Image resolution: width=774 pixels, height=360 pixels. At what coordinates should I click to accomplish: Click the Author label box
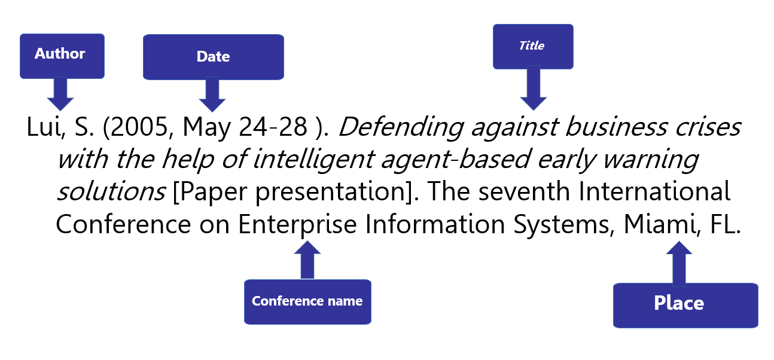point(62,56)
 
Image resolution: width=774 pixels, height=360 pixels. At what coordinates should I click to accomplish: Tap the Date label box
point(214,57)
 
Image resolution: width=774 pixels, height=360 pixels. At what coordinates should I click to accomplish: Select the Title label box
point(533,46)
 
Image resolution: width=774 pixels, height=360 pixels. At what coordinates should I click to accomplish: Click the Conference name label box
point(307,301)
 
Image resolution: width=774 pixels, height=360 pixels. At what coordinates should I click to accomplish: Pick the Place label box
point(685,306)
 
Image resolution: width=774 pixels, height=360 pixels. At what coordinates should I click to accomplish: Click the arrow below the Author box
point(60,94)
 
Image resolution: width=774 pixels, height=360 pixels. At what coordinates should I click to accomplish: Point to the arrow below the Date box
point(212,94)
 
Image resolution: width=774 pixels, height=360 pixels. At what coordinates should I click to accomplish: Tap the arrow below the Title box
point(533,89)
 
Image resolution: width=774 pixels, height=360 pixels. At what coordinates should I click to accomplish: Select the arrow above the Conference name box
point(307,260)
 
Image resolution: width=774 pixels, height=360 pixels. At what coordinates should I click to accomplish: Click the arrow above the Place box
point(679,264)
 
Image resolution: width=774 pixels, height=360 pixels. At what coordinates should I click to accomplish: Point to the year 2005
point(140,127)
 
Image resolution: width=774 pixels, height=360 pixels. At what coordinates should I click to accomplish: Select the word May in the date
point(206,128)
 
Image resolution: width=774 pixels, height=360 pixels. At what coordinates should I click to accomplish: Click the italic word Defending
point(401,127)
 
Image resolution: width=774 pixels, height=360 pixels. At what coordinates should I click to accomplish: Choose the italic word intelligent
point(314,159)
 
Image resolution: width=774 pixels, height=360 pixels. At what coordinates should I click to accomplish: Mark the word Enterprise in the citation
point(297,225)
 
